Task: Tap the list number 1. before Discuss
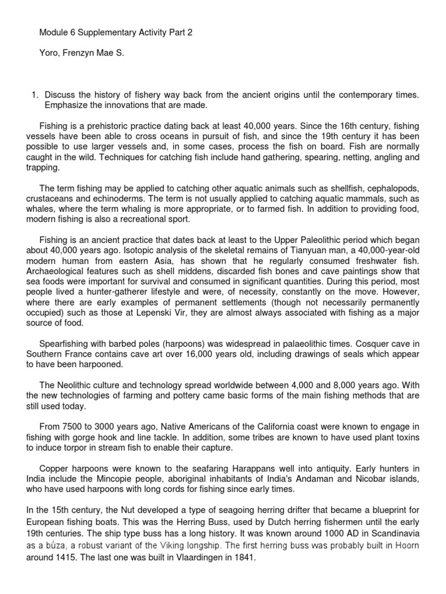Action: (35, 94)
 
